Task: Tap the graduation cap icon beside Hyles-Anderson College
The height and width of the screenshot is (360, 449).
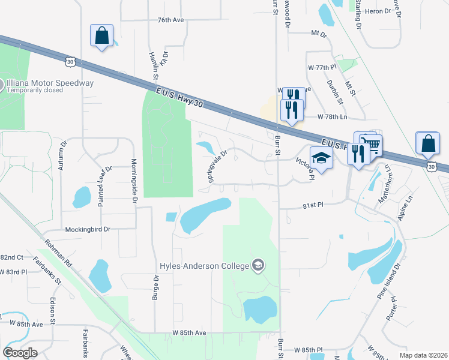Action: tap(258, 265)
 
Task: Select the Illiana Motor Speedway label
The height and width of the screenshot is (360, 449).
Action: tap(50, 83)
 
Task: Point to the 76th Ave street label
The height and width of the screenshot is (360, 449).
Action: tap(170, 20)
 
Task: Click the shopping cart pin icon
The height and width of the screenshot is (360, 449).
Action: tap(373, 145)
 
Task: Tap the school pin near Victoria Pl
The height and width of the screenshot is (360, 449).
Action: tap(322, 158)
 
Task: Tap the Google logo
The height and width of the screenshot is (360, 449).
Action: tap(20, 352)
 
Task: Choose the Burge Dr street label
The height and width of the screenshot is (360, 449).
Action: tap(155, 287)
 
